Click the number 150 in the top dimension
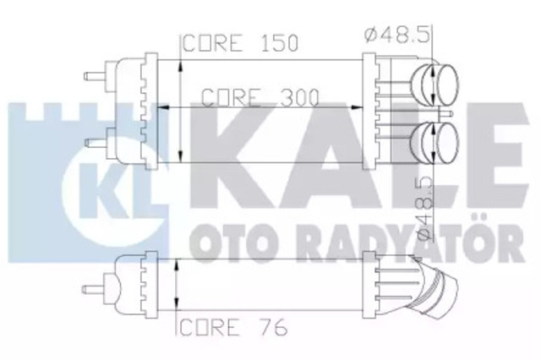[279, 43]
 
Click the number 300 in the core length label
[299, 97]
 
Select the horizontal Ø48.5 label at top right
[397, 35]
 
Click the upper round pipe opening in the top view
[447, 85]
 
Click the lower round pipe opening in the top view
[447, 143]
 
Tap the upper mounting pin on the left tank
[96, 76]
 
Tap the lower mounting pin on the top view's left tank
[96, 143]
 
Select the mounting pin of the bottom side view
[93, 289]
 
